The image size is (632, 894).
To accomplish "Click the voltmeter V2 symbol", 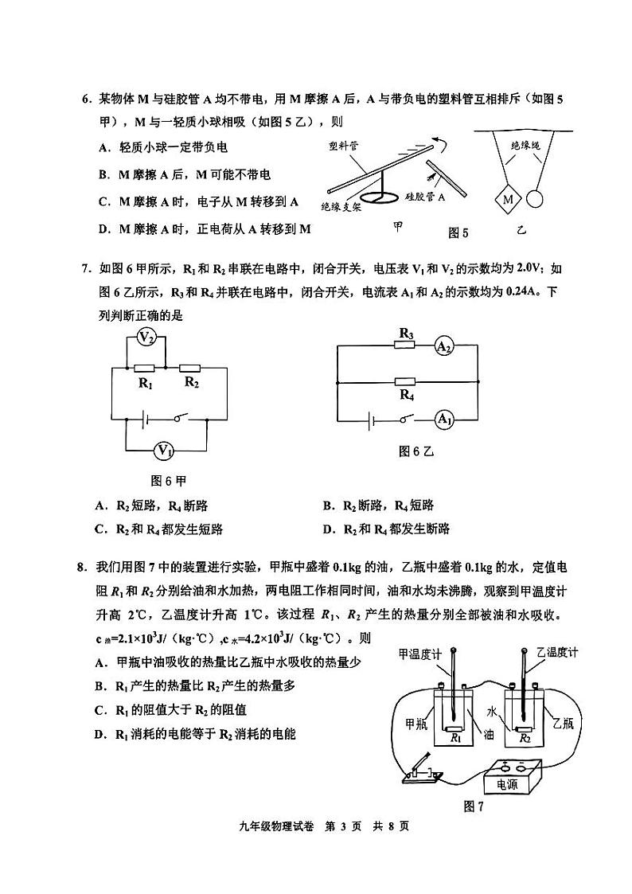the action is (x=146, y=337).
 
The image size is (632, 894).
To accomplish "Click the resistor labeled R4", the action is (x=407, y=382).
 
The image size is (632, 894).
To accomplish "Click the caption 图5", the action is (x=458, y=233).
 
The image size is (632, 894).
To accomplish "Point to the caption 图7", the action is (x=474, y=806).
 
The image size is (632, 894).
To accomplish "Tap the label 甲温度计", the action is (x=419, y=654).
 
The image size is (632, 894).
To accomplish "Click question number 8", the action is (x=81, y=567).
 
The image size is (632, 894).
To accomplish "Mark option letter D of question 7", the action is (x=327, y=529).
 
